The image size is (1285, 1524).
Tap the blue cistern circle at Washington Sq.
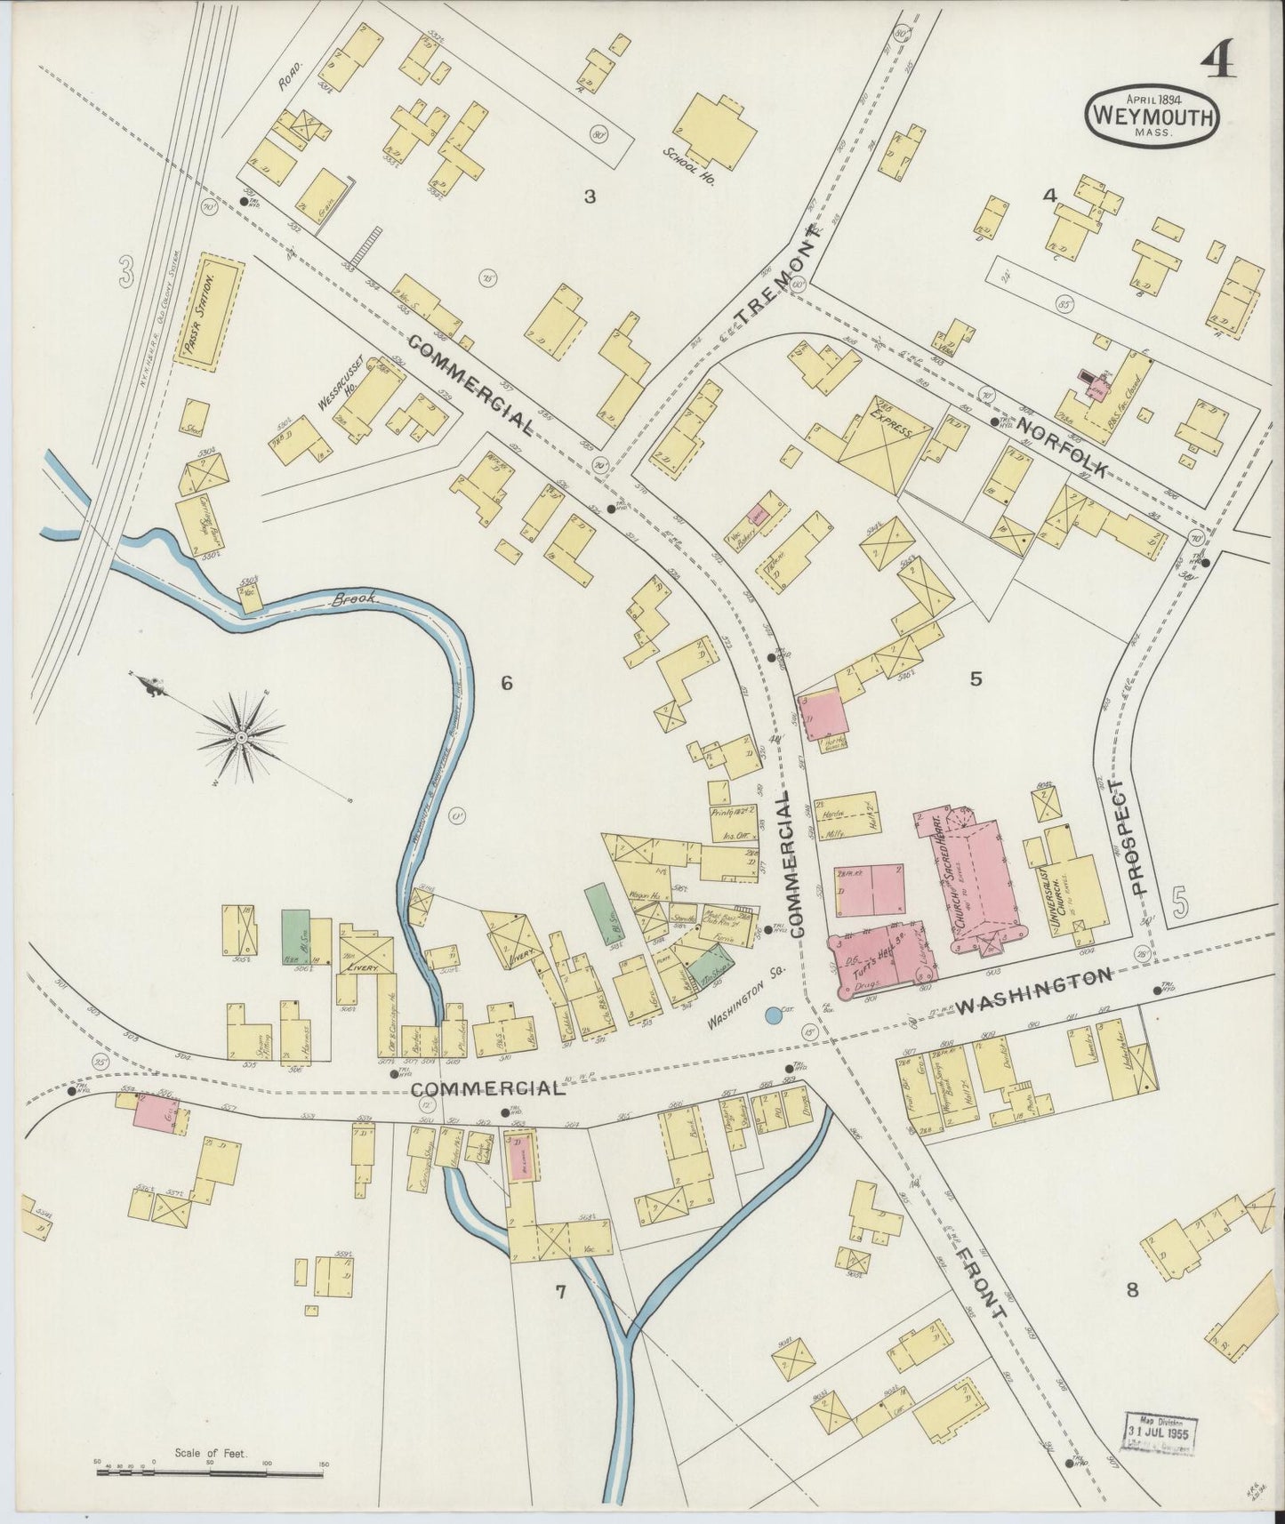(774, 1015)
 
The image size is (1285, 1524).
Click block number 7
(560, 1292)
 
